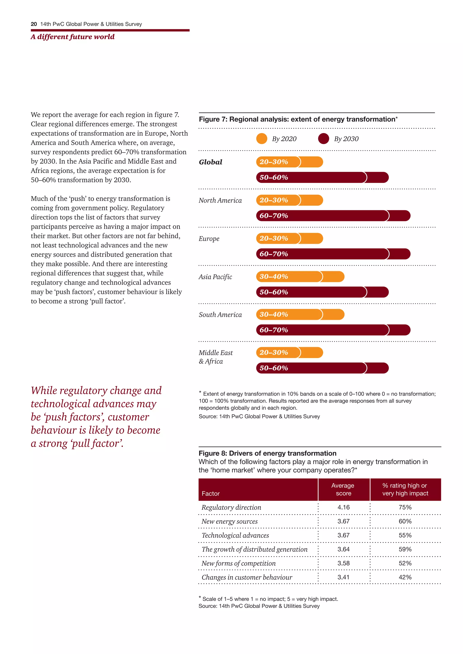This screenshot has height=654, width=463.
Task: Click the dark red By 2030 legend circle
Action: (x=323, y=139)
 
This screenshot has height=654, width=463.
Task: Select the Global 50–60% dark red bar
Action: (x=322, y=178)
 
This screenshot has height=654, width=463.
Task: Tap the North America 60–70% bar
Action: (x=333, y=216)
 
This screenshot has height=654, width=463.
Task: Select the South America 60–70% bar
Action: (x=333, y=330)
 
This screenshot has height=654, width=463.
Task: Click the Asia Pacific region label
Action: (x=215, y=277)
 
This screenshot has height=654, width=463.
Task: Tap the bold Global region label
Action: (x=210, y=162)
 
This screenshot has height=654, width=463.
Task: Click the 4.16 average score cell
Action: (x=344, y=507)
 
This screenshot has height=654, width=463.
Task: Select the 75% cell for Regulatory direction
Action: (x=405, y=507)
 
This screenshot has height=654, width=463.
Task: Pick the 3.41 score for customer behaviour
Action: (x=344, y=577)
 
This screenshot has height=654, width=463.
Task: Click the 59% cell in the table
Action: (x=405, y=549)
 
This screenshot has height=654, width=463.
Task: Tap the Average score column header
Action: (x=343, y=489)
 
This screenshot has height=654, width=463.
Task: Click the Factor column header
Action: (x=211, y=493)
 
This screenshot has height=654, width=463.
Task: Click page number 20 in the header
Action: (x=34, y=24)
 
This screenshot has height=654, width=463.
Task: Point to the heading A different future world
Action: (x=73, y=37)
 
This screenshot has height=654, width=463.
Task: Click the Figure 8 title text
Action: (x=267, y=453)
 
